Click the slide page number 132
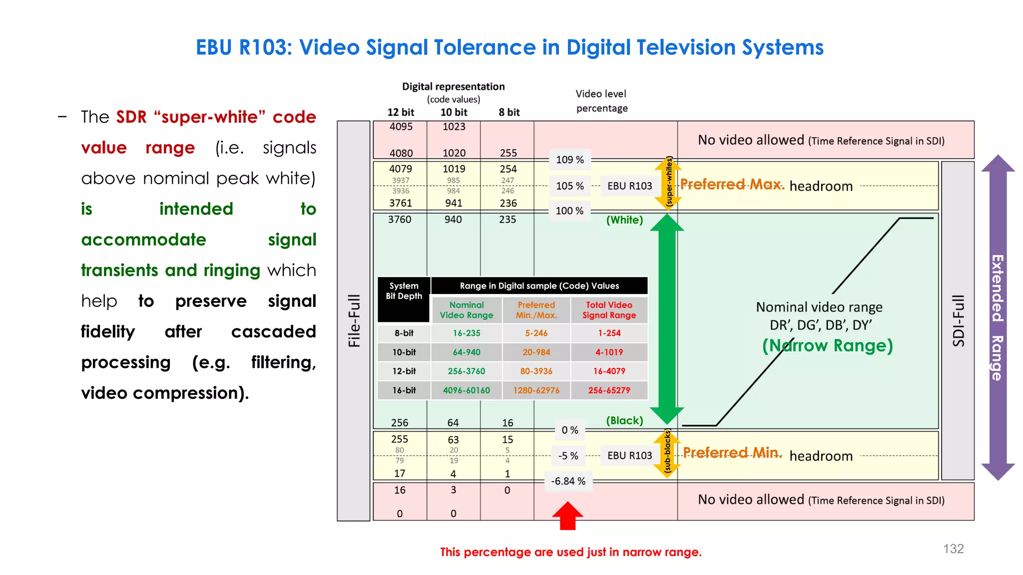(953, 549)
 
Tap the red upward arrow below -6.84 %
(567, 515)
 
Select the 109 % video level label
(570, 160)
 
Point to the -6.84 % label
(568, 481)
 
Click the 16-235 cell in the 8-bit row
(467, 333)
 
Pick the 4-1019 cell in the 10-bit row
(609, 352)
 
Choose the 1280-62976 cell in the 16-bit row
(536, 390)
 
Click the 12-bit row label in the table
(404, 371)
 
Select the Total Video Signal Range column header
(609, 310)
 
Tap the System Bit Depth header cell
(404, 291)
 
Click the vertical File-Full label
(354, 320)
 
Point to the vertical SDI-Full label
(958, 320)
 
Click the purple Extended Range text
(997, 317)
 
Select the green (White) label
(624, 220)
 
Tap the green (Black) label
(624, 420)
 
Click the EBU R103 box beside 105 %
(629, 186)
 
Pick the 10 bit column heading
(454, 112)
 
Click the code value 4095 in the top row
(401, 127)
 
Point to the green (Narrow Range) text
(827, 345)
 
